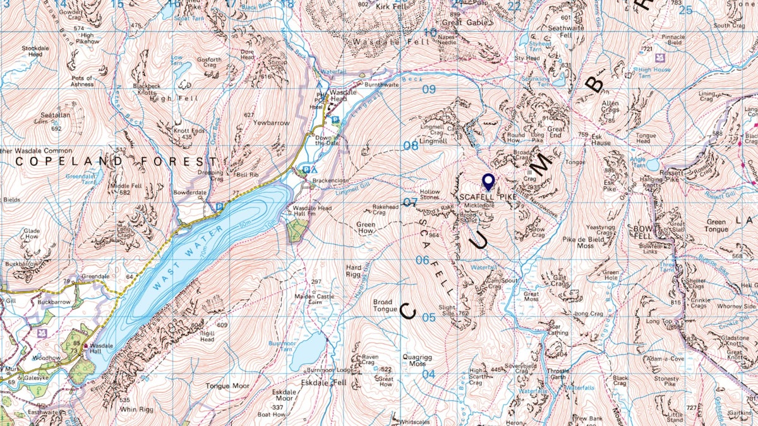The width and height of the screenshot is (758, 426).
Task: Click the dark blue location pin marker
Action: [488, 182]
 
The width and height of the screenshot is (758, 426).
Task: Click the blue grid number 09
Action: [429, 89]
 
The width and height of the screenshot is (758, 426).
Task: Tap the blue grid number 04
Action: [428, 374]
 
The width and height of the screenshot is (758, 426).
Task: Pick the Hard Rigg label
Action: [354, 271]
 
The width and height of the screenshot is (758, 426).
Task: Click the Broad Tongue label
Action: [385, 305]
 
